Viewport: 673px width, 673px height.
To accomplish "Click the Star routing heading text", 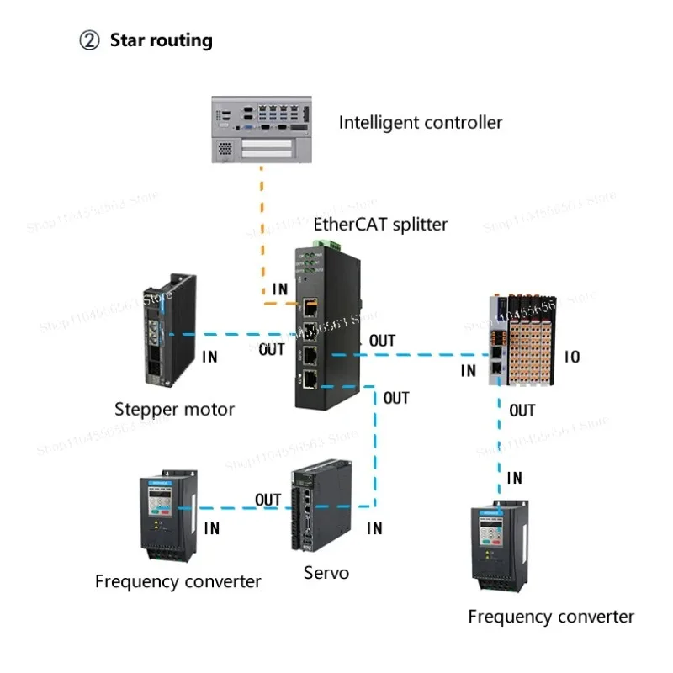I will pyautogui.click(x=161, y=40).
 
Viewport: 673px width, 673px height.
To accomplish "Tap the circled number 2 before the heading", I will pyautogui.click(x=90, y=40).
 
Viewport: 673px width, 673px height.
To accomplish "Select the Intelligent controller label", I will pyautogui.click(x=420, y=122).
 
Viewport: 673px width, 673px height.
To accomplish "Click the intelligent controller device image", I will pyautogui.click(x=262, y=127).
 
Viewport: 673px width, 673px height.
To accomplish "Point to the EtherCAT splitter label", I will pyautogui.click(x=380, y=225).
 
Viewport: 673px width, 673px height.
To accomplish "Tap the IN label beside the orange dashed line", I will pyautogui.click(x=280, y=289).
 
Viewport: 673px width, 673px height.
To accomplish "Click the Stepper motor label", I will pyautogui.click(x=174, y=410).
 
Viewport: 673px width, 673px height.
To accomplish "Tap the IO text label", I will pyautogui.click(x=571, y=357).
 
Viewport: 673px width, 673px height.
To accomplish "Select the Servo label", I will pyautogui.click(x=326, y=573).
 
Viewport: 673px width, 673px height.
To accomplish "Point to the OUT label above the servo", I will pyautogui.click(x=268, y=500).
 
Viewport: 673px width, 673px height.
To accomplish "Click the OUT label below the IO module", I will pyautogui.click(x=522, y=411).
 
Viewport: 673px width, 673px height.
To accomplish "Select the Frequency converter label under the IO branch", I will pyautogui.click(x=551, y=617).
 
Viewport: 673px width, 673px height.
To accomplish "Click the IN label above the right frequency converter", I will pyautogui.click(x=514, y=478).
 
